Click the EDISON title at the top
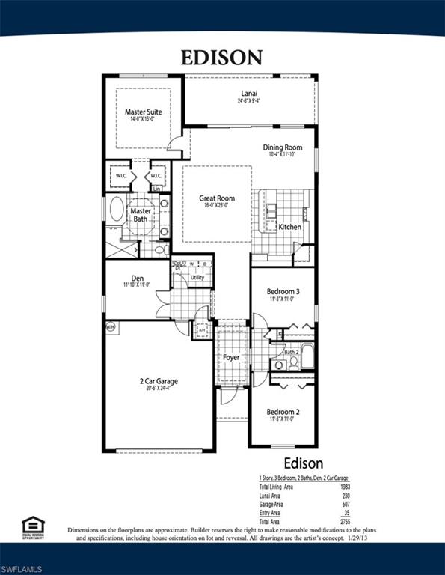pyautogui.click(x=222, y=57)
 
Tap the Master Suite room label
pyautogui.click(x=143, y=112)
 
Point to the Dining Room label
pyautogui.click(x=282, y=147)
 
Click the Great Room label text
pyautogui.click(x=217, y=198)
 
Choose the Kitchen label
pyautogui.click(x=289, y=226)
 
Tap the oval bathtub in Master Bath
pyautogui.click(x=117, y=210)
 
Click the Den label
pyautogui.click(x=138, y=279)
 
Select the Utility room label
pyautogui.click(x=197, y=277)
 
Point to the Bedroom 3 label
pyautogui.click(x=283, y=291)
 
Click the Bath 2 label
pyautogui.click(x=292, y=350)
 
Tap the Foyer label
pyautogui.click(x=231, y=357)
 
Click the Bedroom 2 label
pyautogui.click(x=283, y=412)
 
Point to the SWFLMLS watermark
pyautogui.click(x=24, y=564)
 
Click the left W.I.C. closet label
pyautogui.click(x=120, y=176)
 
